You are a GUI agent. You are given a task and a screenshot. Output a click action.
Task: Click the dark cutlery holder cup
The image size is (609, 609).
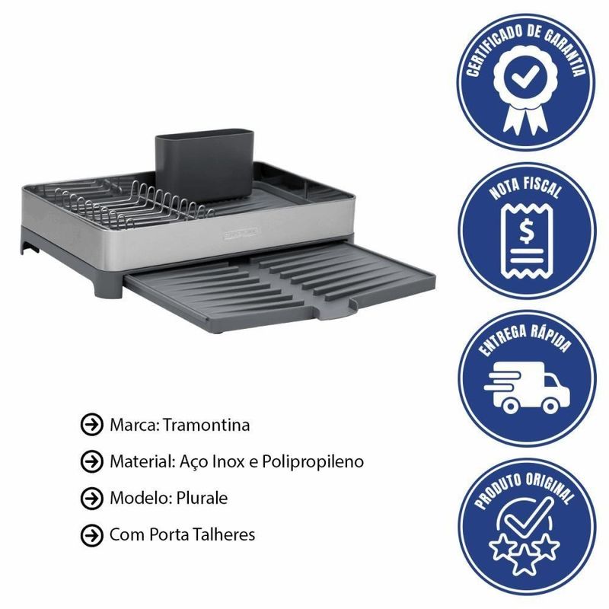coord(205,164)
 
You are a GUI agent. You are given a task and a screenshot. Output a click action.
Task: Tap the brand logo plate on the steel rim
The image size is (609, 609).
coord(241,233)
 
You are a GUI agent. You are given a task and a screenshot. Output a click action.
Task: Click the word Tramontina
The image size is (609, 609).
coord(206,425)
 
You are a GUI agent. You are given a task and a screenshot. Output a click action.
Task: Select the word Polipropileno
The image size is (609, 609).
coord(313,462)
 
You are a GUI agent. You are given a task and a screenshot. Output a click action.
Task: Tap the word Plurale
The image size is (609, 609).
coord(202,498)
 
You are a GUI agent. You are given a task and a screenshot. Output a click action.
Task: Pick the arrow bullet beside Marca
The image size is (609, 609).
coord(91,425)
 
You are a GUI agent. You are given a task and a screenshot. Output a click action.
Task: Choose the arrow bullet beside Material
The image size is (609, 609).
coord(91,461)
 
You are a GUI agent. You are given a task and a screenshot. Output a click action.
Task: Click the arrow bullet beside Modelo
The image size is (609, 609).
coord(91,498)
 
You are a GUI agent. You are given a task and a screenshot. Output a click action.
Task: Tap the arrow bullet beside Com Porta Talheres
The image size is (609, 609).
coord(91,535)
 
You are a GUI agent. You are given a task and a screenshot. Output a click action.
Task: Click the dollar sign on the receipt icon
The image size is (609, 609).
coord(527,231)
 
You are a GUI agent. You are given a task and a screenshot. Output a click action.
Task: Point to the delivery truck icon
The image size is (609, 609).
coord(527,387)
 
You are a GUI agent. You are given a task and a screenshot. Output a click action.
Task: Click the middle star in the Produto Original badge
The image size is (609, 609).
coord(525,560)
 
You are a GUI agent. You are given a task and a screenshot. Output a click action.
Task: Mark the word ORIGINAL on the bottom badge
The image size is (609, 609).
coord(552,487)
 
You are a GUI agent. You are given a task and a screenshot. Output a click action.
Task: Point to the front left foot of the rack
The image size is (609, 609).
coord(105,288)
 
